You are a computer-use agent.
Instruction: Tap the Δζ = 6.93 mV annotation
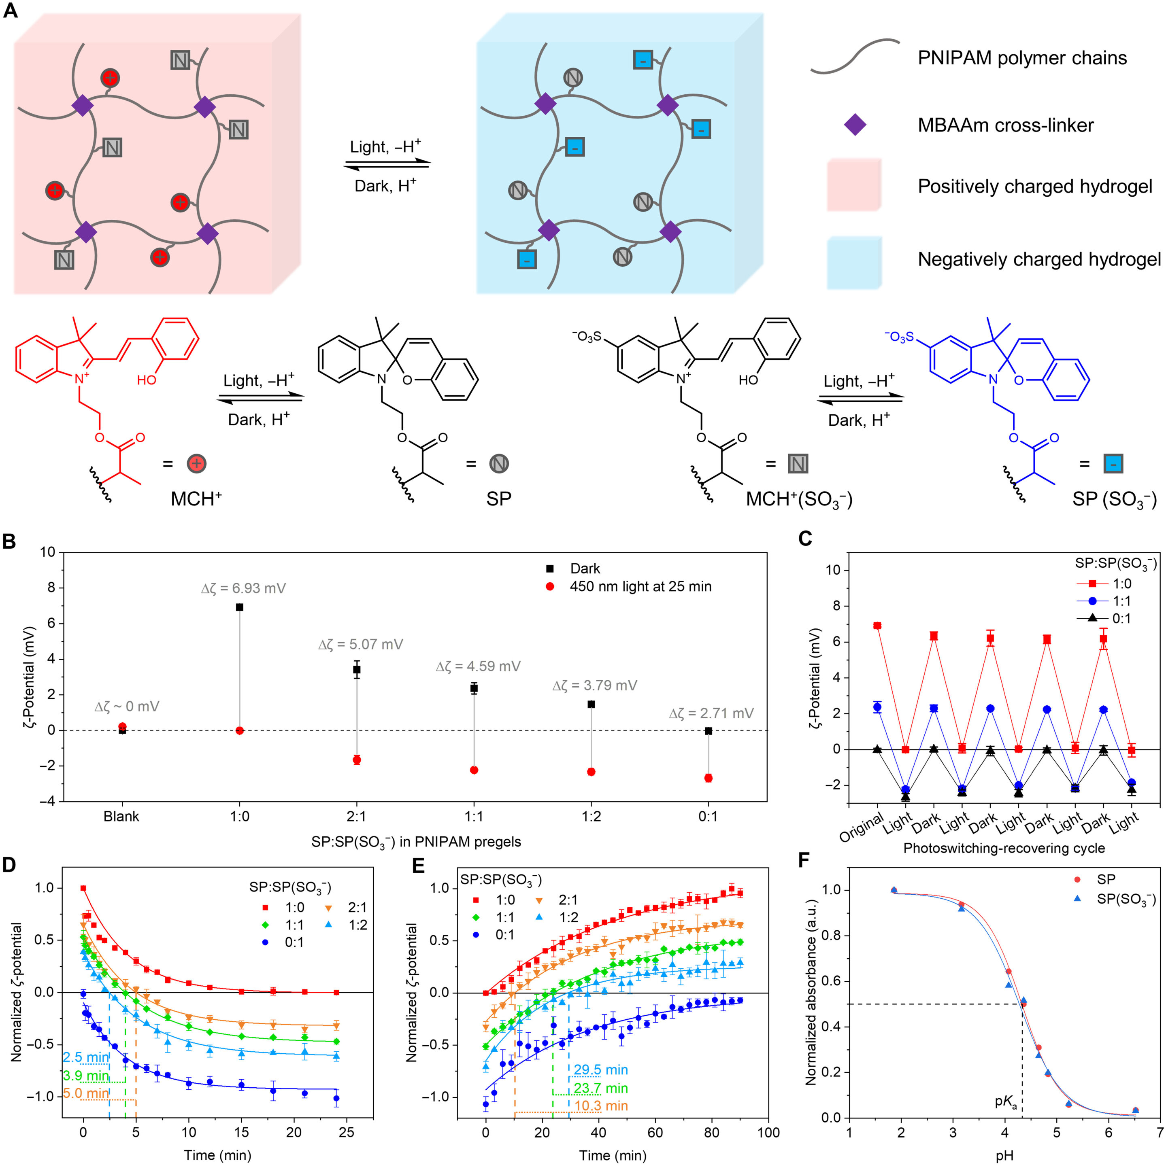pos(243,588)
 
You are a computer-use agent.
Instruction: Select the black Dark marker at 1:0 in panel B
pos(240,607)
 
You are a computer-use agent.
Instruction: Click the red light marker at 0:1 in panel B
pos(708,778)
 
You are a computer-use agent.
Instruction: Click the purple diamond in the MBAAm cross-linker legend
pos(855,125)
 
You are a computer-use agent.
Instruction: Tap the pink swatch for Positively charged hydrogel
pos(853,185)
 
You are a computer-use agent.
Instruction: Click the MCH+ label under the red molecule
pos(196,499)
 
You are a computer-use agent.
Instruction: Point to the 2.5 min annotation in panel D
pos(86,1057)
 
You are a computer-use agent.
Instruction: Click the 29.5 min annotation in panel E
pos(600,1070)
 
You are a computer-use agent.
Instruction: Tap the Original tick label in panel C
pos(862,828)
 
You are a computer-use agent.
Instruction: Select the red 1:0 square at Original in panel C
pos(877,626)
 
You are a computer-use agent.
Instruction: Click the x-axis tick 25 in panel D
pos(347,1132)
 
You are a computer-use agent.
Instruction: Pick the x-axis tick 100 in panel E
pos(768,1132)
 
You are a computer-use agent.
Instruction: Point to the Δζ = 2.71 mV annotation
pos(711,714)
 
